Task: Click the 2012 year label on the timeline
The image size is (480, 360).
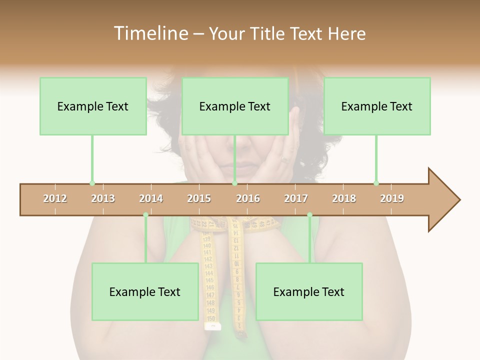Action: click(x=55, y=198)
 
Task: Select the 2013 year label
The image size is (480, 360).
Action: click(x=103, y=198)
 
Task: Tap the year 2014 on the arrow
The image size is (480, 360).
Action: click(x=151, y=198)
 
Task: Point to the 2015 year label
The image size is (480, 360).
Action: click(x=199, y=198)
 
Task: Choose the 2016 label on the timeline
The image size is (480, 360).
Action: click(x=248, y=198)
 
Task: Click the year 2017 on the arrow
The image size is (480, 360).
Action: click(x=296, y=198)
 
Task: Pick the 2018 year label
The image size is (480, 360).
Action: click(x=344, y=198)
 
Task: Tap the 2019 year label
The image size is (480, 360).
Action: click(x=392, y=198)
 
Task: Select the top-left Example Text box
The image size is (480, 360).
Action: click(x=93, y=106)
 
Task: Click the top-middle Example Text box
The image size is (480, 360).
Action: click(x=235, y=106)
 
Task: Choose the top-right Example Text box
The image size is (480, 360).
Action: click(x=377, y=106)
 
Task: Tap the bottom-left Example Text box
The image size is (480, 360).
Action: click(x=145, y=292)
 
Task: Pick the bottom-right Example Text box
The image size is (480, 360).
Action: click(x=309, y=292)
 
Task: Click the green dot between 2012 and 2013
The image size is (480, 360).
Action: click(x=92, y=183)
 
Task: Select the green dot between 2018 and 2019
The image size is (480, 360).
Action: click(x=376, y=183)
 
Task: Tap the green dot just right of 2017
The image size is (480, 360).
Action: click(x=309, y=215)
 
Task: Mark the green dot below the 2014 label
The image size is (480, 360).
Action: click(x=145, y=215)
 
